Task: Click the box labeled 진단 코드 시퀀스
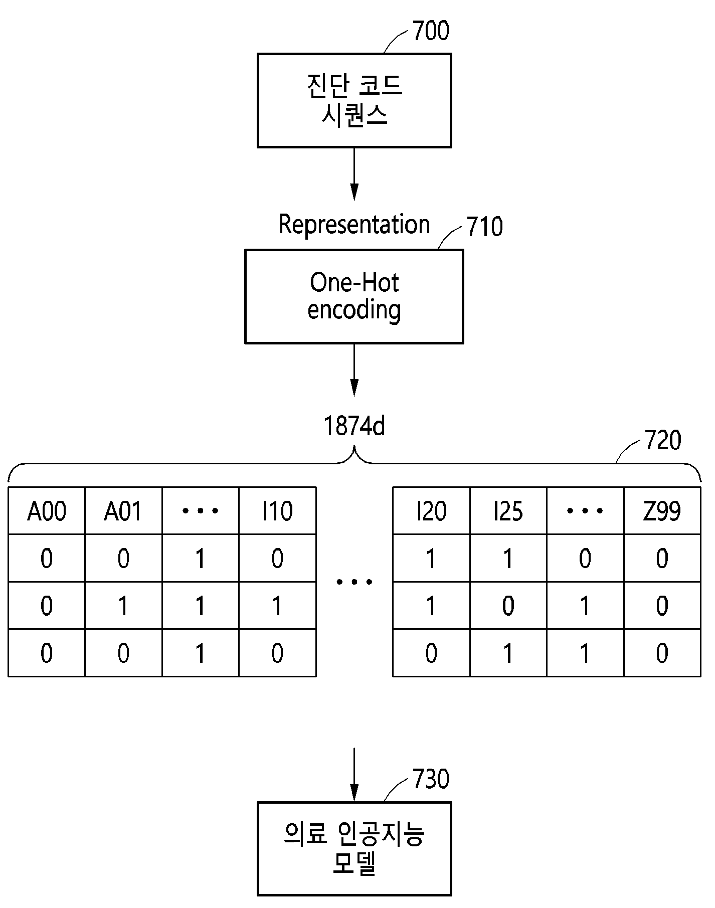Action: click(354, 100)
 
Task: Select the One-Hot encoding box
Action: click(354, 297)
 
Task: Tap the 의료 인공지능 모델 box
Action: click(354, 849)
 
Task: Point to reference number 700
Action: click(431, 31)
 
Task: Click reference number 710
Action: click(484, 227)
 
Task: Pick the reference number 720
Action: click(663, 440)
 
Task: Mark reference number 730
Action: click(431, 779)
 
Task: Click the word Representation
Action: click(354, 224)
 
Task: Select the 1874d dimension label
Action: click(354, 427)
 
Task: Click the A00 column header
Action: click(47, 511)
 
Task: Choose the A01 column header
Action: click(123, 511)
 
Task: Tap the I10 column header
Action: click(277, 511)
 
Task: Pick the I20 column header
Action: click(431, 511)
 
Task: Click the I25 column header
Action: click(508, 511)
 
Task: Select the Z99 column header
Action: click(662, 511)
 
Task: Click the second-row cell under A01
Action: click(123, 606)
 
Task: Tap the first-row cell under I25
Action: click(508, 559)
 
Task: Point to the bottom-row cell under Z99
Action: click(662, 653)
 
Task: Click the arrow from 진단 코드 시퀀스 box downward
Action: click(354, 173)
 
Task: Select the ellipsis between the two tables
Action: click(354, 582)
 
